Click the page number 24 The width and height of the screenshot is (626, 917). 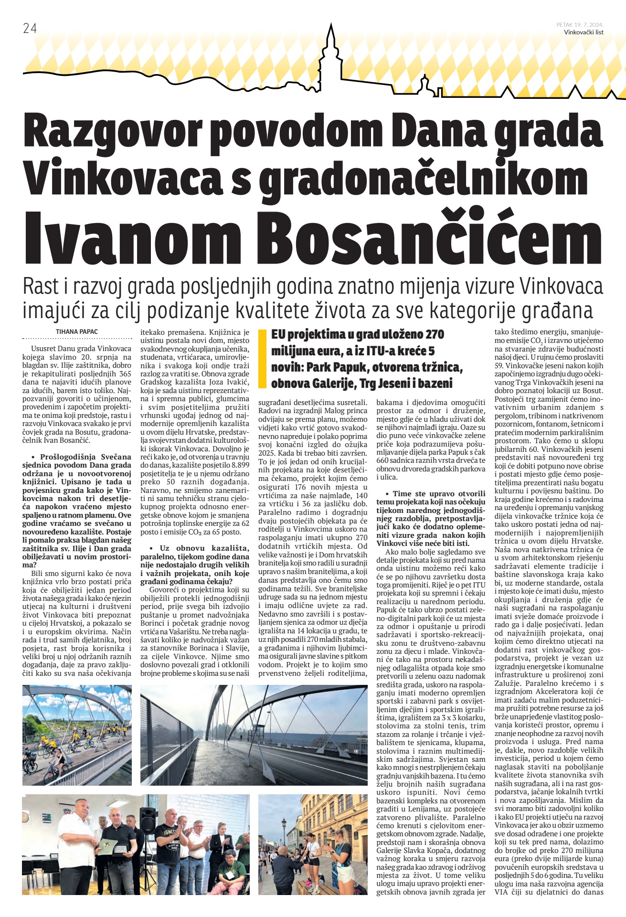[30, 29]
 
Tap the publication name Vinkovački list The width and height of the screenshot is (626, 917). [583, 32]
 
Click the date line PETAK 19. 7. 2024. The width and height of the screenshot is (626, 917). [580, 25]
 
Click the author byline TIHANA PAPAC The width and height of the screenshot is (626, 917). [77, 331]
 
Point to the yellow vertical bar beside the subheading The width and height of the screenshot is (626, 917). [261, 359]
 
